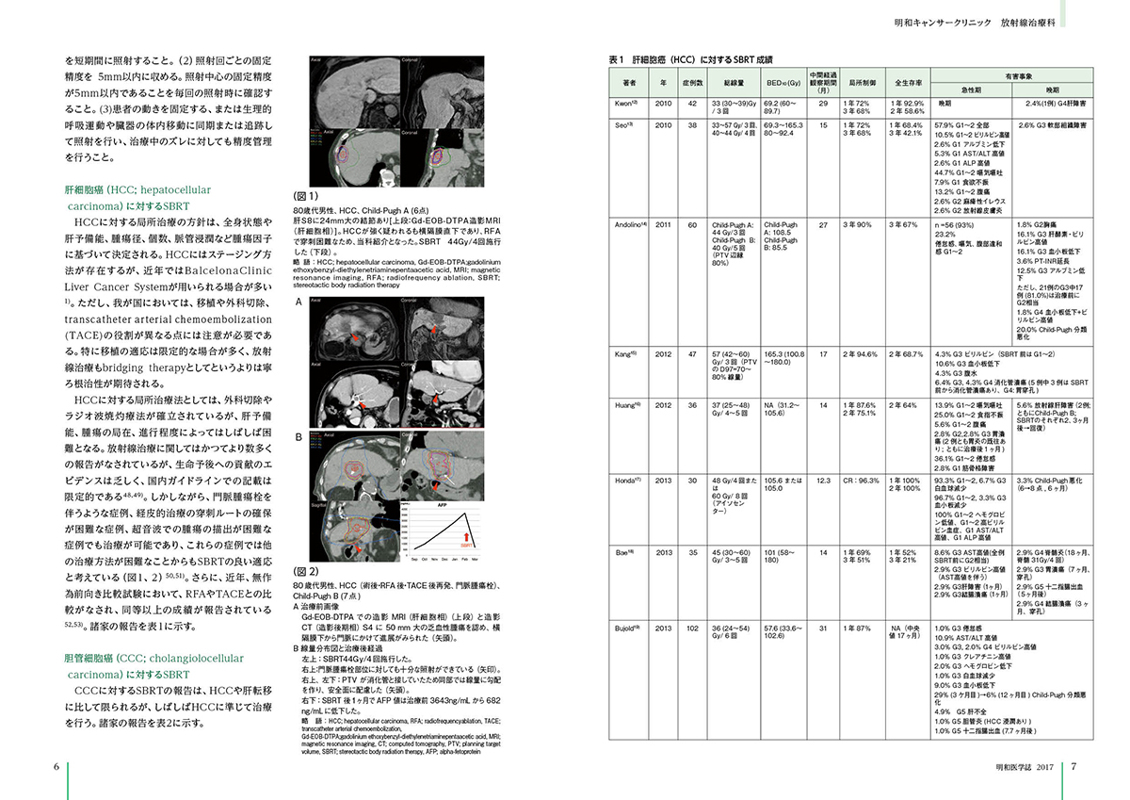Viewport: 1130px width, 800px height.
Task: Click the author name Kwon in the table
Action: (629, 102)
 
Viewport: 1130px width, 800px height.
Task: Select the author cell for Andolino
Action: (631, 225)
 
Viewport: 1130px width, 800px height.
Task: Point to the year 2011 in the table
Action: (663, 225)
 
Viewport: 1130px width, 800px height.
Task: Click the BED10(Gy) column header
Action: (780, 83)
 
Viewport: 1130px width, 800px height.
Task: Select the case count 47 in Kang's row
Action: (692, 353)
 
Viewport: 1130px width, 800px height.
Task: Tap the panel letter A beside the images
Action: (299, 303)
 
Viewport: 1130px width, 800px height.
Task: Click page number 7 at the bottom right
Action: (1073, 766)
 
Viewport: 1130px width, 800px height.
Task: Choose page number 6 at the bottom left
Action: (56, 766)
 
